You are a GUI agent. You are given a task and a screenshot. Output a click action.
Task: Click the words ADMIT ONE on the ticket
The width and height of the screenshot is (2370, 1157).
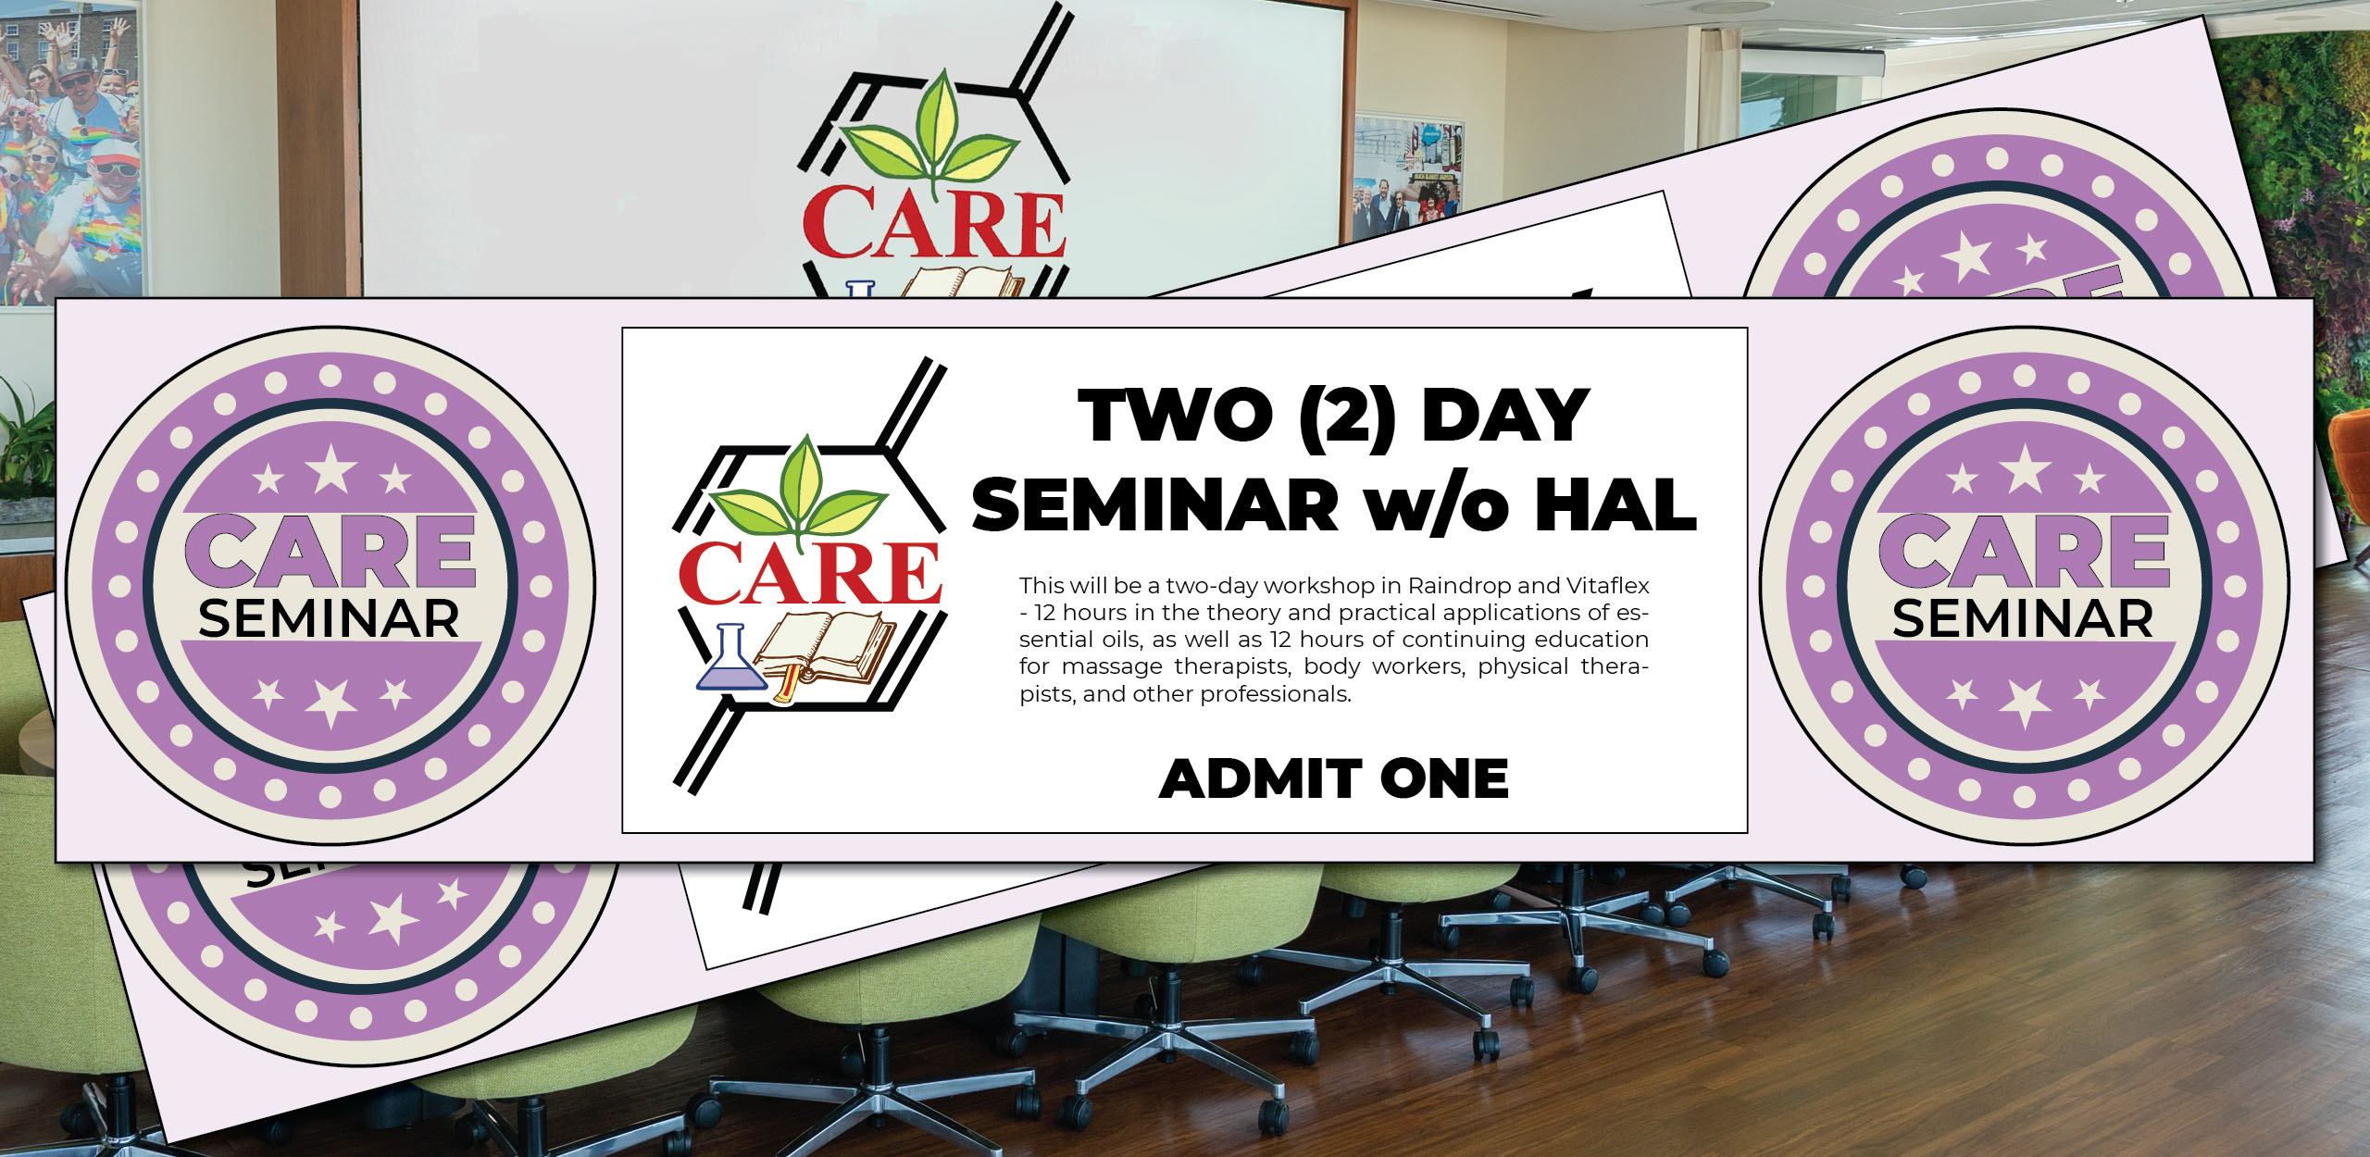(x=1333, y=778)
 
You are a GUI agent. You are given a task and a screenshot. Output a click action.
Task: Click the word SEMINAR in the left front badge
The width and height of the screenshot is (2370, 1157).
(x=329, y=619)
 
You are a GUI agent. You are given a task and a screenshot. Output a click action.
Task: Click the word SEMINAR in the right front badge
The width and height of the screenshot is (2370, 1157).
(x=2023, y=619)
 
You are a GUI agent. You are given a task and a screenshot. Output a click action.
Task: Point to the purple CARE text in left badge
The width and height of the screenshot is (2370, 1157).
(x=330, y=553)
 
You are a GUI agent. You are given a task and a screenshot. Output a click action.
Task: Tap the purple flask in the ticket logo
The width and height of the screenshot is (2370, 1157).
(x=730, y=660)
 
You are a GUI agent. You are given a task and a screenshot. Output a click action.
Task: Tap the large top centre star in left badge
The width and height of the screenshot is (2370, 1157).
(x=331, y=469)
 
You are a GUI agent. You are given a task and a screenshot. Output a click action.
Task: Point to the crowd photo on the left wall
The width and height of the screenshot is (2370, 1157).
(x=69, y=153)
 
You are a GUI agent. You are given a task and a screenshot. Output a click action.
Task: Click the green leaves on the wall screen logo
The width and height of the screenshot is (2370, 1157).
(x=930, y=139)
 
